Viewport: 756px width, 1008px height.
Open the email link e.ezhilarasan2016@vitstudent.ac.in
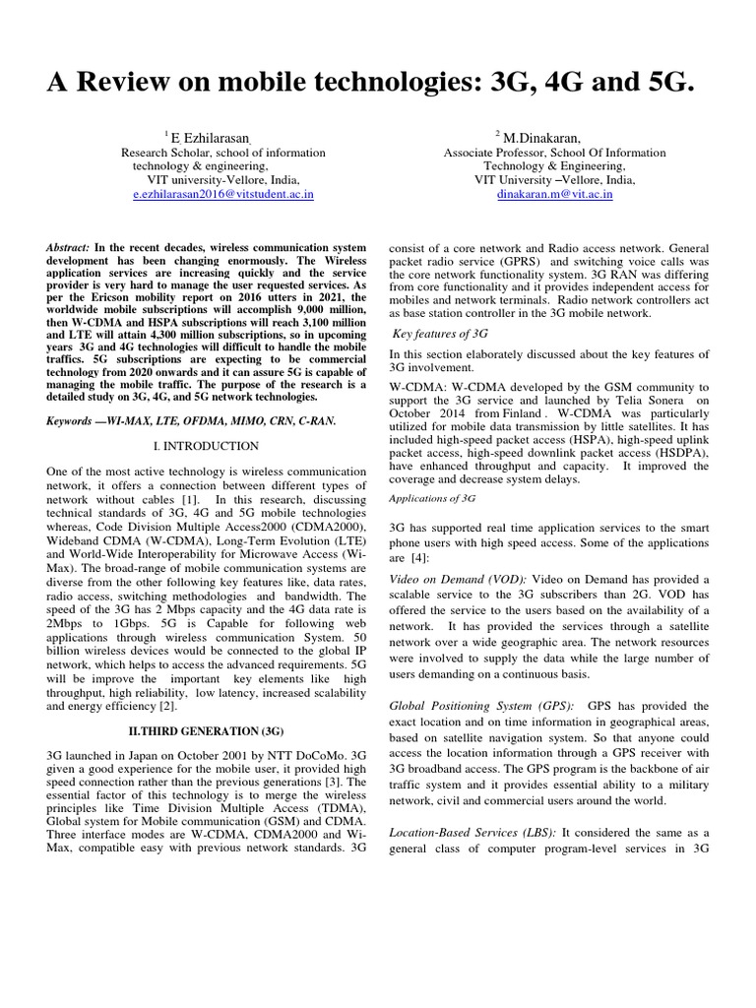click(222, 196)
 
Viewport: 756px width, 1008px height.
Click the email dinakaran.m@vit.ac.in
click(555, 196)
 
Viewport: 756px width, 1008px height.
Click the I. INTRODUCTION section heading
click(206, 446)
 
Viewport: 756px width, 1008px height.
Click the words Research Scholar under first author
click(168, 154)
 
